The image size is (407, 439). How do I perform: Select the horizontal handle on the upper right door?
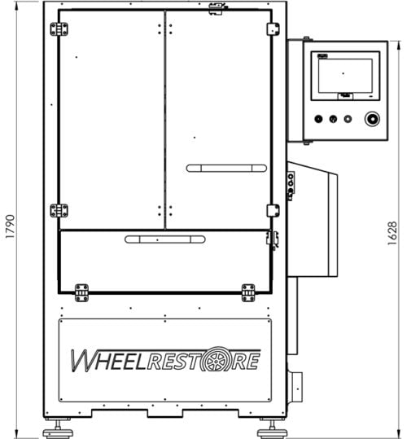pyautogui.click(x=226, y=169)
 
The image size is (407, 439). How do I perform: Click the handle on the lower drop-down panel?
pyautogui.click(x=165, y=239)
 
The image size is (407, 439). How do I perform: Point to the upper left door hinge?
pyautogui.click(x=59, y=29)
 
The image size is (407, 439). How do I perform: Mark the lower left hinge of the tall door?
pyautogui.click(x=59, y=210)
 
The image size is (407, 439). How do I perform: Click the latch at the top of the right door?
pyautogui.click(x=217, y=9)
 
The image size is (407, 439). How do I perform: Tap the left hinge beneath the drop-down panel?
pyautogui.click(x=81, y=292)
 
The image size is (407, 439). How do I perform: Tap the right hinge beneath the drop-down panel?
pyautogui.click(x=247, y=292)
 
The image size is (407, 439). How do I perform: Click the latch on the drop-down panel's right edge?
pyautogui.click(x=274, y=239)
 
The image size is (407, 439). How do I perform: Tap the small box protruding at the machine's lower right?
pyautogui.click(x=295, y=384)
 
